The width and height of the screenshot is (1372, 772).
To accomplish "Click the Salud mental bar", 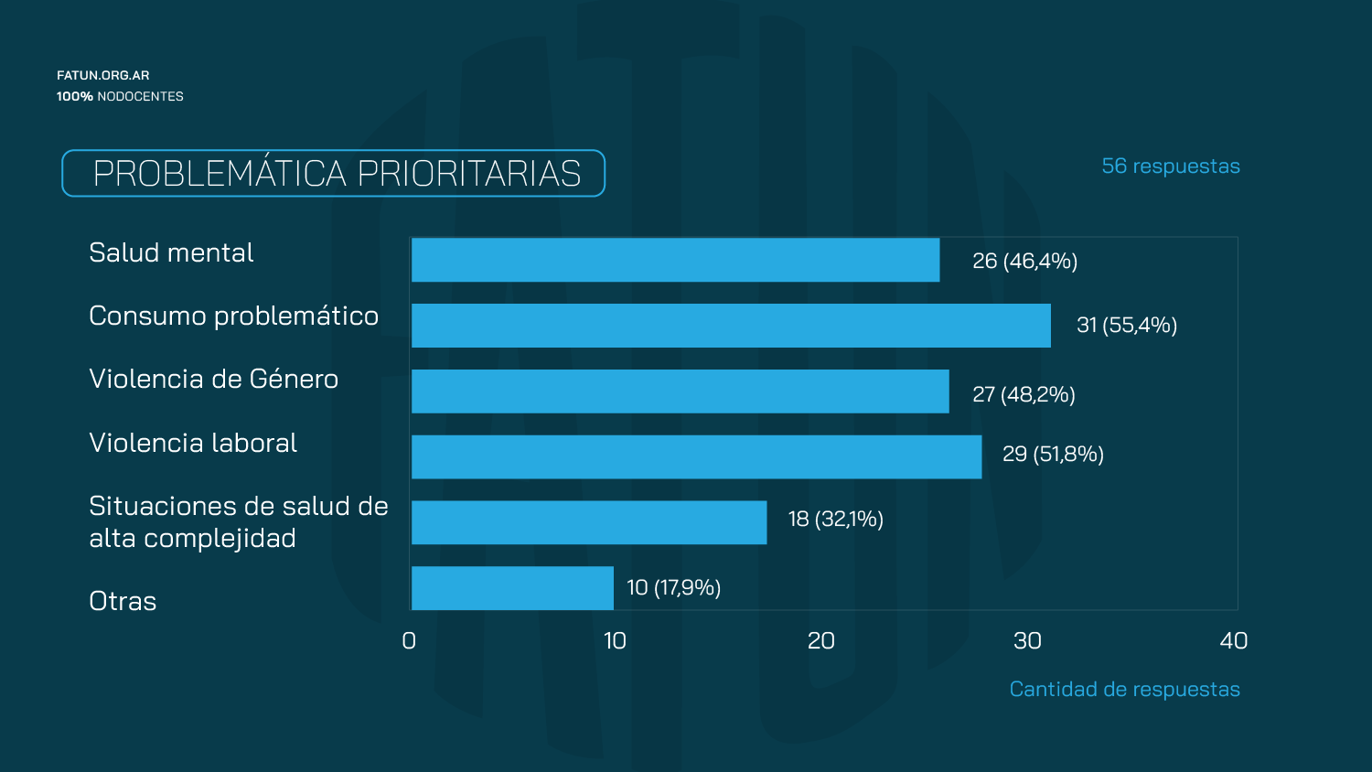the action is coord(676,261).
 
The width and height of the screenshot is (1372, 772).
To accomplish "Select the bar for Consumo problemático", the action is coord(732,326).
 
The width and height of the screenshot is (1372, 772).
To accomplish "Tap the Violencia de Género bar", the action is coord(681,391).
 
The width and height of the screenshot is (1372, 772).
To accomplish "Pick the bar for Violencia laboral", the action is coord(696,457).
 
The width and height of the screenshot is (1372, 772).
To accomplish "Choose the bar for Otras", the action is coord(512,588).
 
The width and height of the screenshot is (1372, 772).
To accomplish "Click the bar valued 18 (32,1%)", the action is coord(589,522).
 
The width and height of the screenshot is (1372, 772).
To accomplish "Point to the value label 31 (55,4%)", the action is coord(1127,325).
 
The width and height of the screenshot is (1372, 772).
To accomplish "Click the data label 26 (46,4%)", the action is coord(1024,261).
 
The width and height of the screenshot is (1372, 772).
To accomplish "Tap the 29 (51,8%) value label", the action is coord(1053,454).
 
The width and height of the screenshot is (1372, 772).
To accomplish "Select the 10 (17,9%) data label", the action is coord(674,587).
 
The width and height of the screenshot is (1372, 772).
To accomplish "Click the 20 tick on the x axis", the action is coord(820,641).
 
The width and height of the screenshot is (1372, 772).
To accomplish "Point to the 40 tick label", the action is coord(1234,641).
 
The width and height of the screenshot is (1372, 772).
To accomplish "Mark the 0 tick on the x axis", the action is coord(409,641).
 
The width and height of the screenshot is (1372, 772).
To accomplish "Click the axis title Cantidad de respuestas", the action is coord(1124,690).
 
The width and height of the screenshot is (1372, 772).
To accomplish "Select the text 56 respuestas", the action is coord(1171,166).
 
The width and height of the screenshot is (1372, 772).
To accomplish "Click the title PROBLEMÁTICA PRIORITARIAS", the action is coord(337,174).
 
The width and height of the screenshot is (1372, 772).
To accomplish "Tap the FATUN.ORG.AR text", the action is coord(102,75).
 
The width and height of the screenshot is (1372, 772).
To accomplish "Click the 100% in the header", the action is coord(75,96).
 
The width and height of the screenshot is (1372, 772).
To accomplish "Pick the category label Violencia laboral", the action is coord(193,443).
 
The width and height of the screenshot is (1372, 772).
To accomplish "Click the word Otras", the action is coord(123,601).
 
